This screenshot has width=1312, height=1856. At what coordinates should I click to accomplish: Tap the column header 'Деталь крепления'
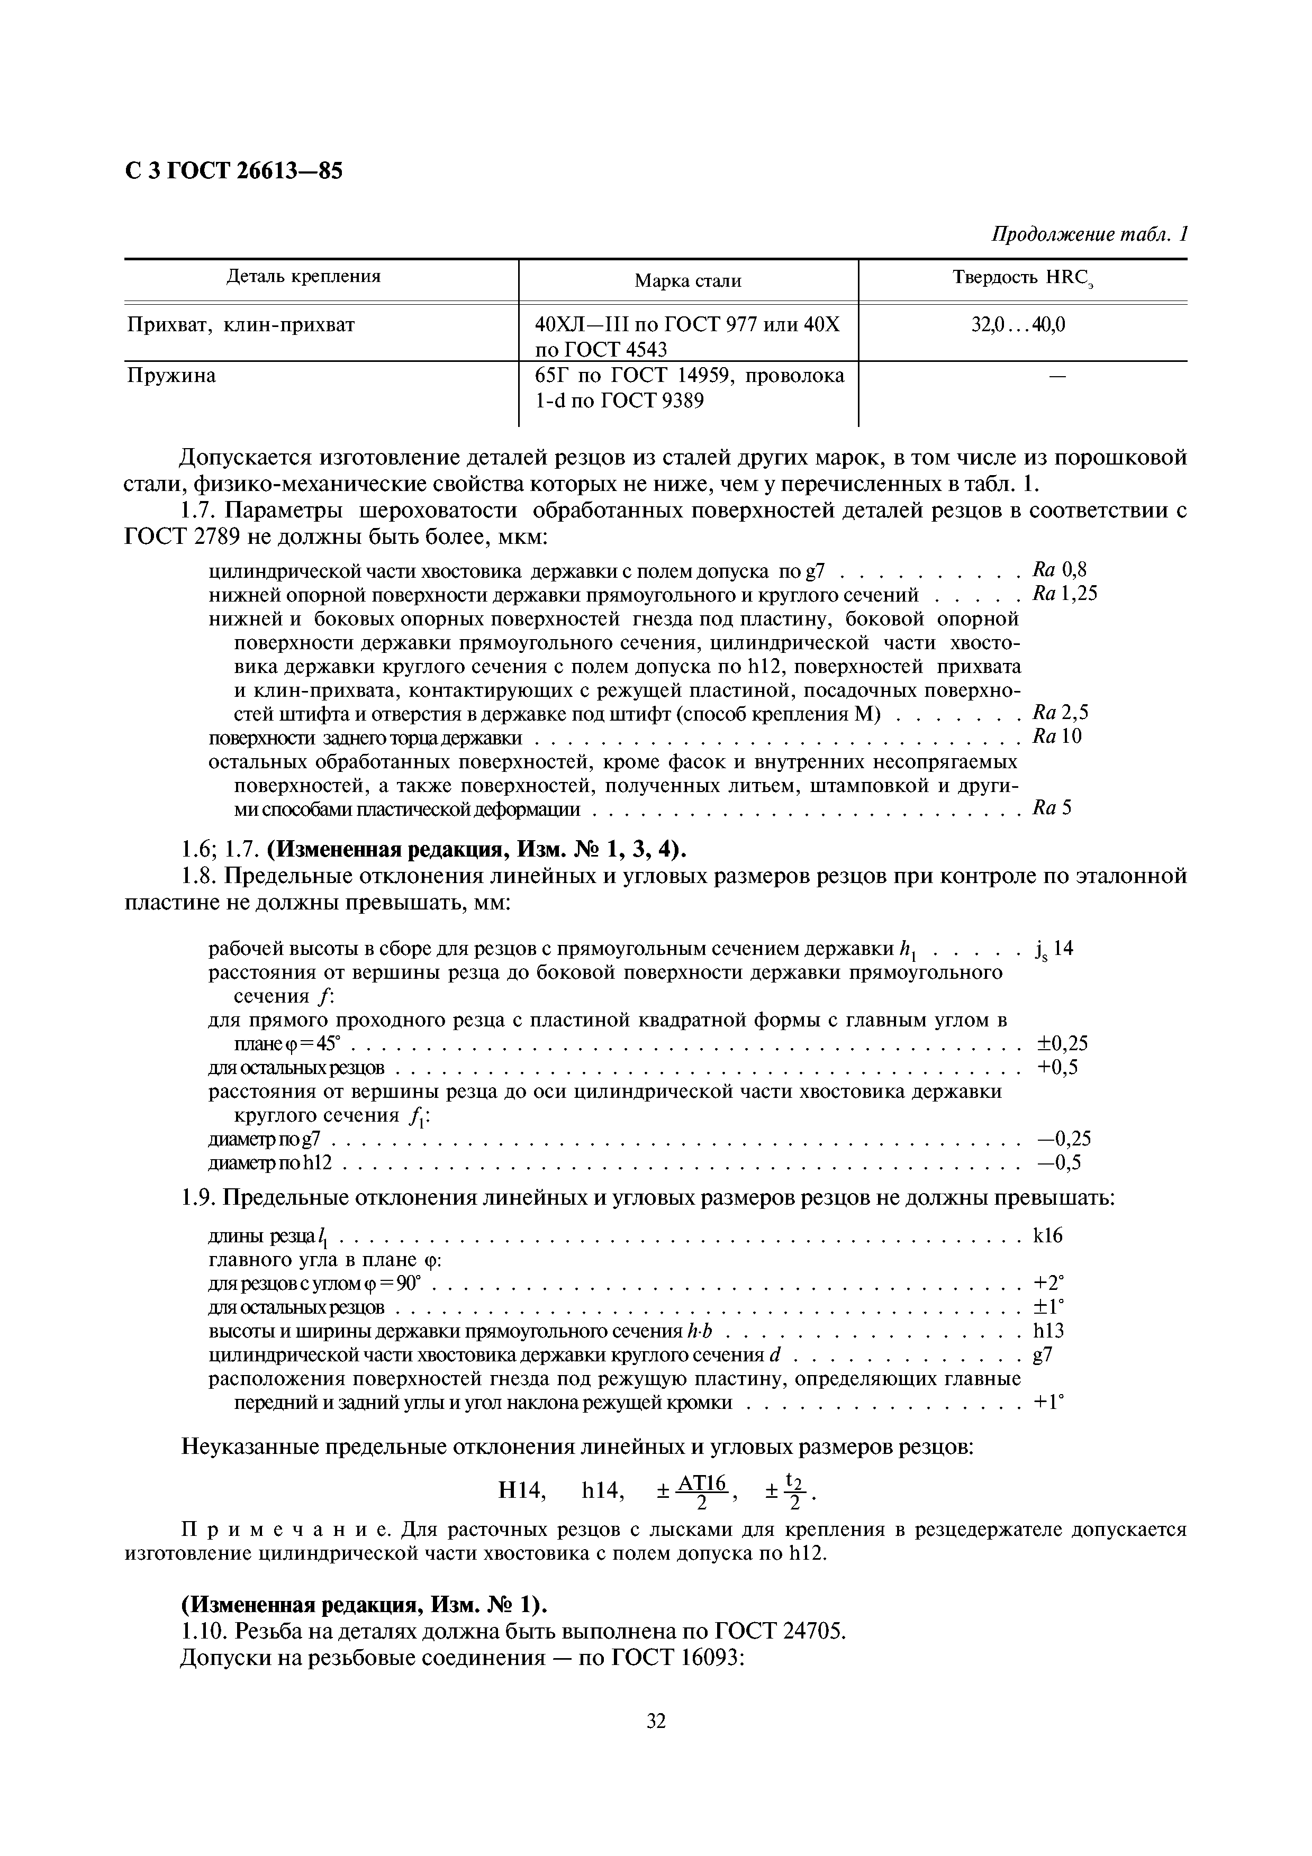coord(303,277)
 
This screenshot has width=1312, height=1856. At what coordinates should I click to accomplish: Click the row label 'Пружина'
coord(171,376)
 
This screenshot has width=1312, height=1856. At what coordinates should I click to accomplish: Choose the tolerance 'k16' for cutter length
coord(1048,1235)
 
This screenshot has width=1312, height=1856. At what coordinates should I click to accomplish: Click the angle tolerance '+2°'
coord(1048,1283)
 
